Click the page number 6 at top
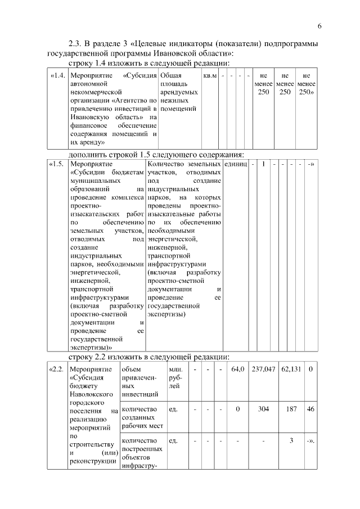(x=319, y=26)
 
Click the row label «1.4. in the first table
(x=58, y=75)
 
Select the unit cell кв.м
(x=209, y=75)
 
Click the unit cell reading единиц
(x=236, y=164)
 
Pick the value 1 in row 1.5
(x=263, y=164)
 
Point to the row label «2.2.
(x=58, y=370)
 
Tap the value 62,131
(x=291, y=370)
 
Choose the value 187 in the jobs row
(x=291, y=409)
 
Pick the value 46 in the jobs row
(x=310, y=409)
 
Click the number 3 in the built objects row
(x=291, y=440)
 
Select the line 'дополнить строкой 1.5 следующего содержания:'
(x=156, y=154)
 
